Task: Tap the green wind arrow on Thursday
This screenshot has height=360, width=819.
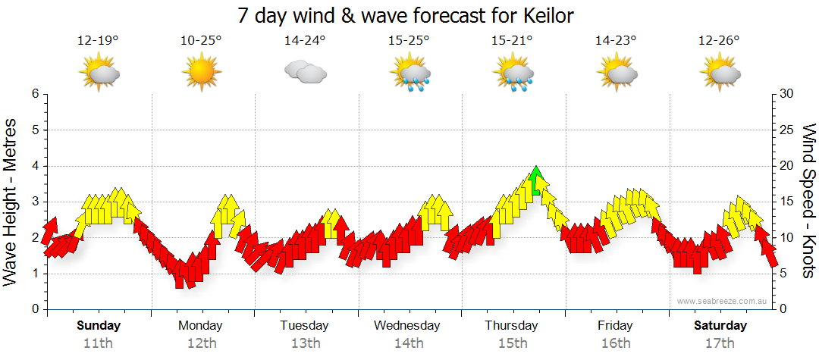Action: click(x=536, y=181)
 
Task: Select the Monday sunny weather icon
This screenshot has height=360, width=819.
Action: click(x=201, y=73)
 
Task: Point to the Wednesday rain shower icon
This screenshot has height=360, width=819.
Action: click(x=409, y=74)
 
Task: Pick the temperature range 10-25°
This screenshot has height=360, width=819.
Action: click(x=201, y=41)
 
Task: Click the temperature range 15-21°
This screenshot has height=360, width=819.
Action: click(x=513, y=41)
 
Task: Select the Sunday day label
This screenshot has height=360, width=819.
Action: click(x=98, y=326)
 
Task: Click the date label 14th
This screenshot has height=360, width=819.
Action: click(x=409, y=343)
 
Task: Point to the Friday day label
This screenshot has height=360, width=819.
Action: click(x=615, y=326)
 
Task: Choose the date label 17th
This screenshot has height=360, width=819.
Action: click(x=720, y=343)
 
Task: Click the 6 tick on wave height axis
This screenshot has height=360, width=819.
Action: click(x=35, y=94)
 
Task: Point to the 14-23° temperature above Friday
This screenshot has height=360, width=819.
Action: click(x=616, y=41)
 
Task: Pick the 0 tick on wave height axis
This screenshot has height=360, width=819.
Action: click(x=35, y=309)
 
